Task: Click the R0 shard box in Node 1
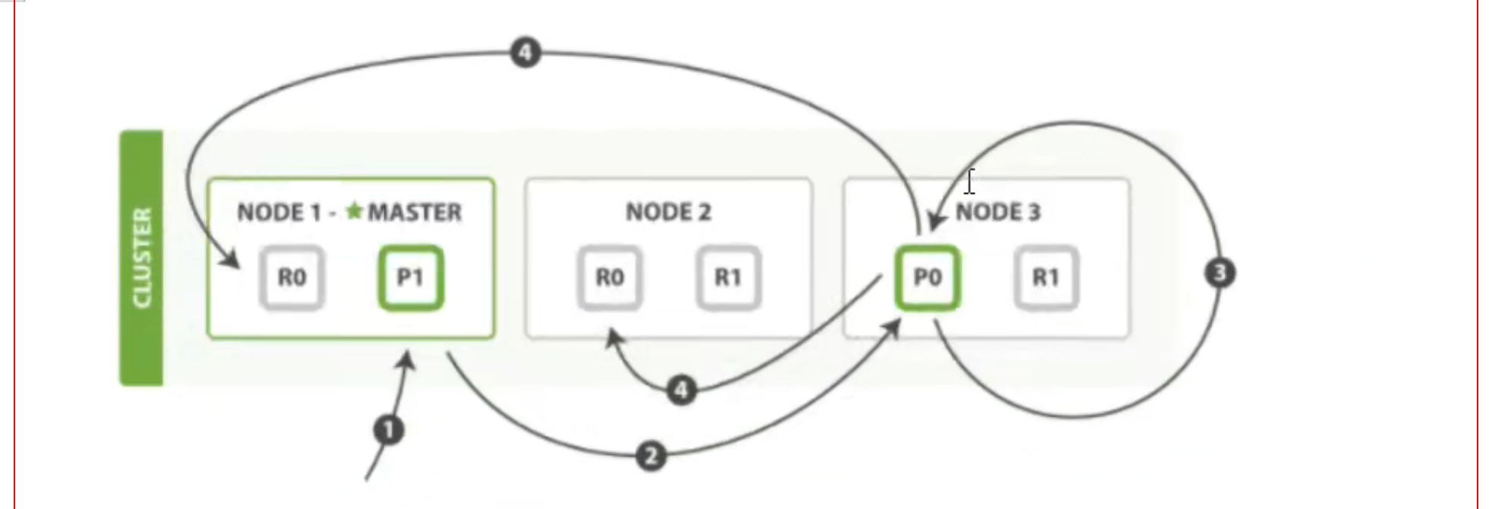(292, 278)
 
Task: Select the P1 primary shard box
(411, 278)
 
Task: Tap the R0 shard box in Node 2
(609, 278)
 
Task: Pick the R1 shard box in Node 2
(728, 278)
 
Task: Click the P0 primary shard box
(928, 278)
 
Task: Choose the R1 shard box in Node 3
(1046, 278)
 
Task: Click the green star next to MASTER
(354, 210)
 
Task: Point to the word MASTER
(415, 212)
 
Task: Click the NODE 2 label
(669, 212)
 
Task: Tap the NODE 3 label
(998, 212)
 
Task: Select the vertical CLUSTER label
(142, 258)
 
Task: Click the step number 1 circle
(389, 431)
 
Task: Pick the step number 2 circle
(651, 457)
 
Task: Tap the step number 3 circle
(1220, 273)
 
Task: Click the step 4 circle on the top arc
(526, 53)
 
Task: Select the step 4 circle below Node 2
(681, 390)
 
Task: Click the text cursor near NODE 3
(970, 182)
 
